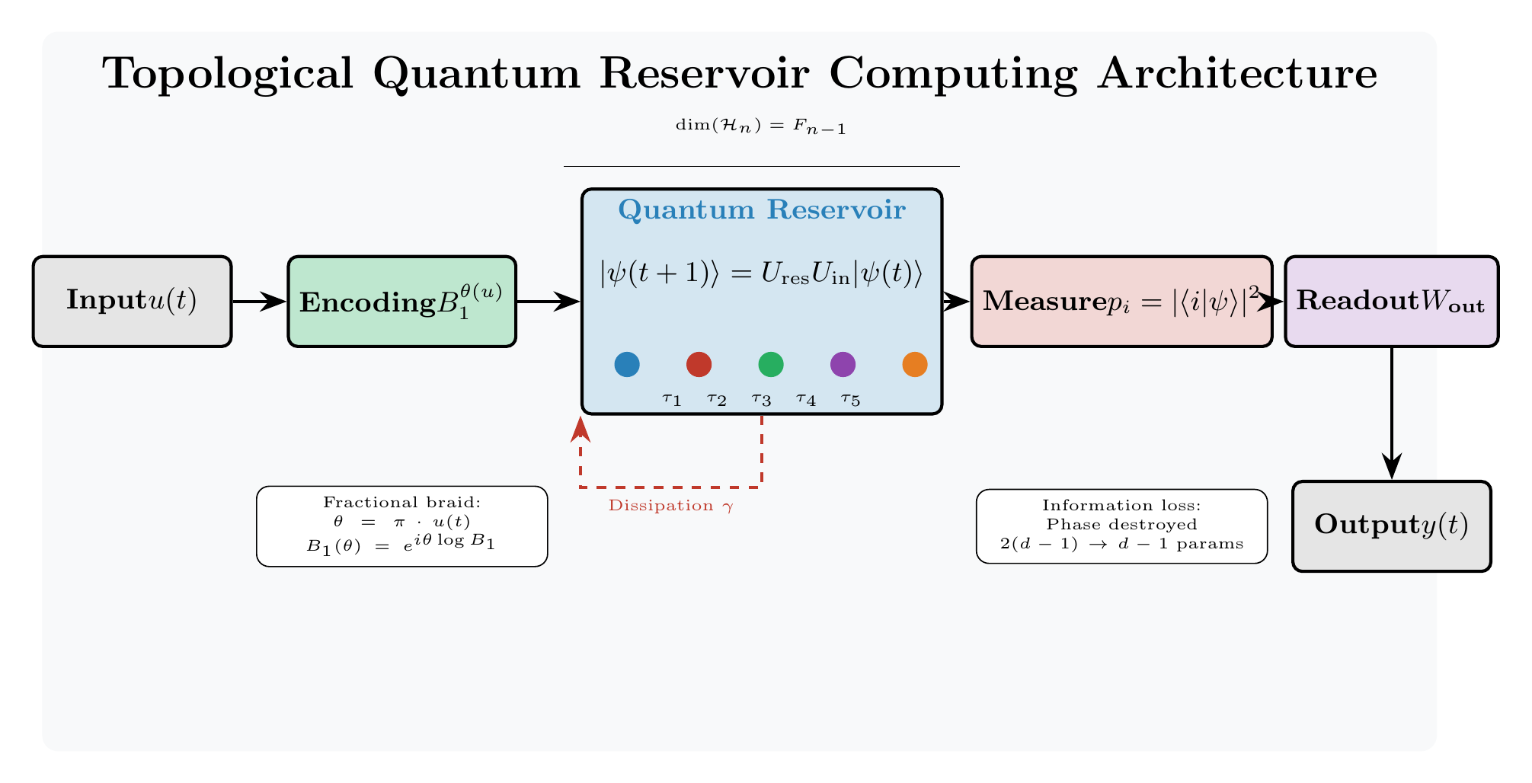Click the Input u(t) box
pyautogui.click(x=132, y=302)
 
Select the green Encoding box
pyautogui.click(x=401, y=302)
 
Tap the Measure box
pyautogui.click(x=1121, y=302)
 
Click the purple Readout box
pyautogui.click(x=1391, y=302)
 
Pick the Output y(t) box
pyautogui.click(x=1391, y=526)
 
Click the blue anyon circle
pyautogui.click(x=626, y=364)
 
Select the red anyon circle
pyautogui.click(x=699, y=364)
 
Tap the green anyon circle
pyautogui.click(x=771, y=364)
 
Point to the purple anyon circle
pyautogui.click(x=843, y=364)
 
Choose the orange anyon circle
pyautogui.click(x=914, y=364)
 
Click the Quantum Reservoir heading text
pyautogui.click(x=762, y=209)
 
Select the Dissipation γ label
pyautogui.click(x=670, y=506)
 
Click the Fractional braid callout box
pyautogui.click(x=401, y=526)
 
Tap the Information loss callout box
pyautogui.click(x=1121, y=526)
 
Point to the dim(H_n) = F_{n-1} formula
pyautogui.click(x=761, y=128)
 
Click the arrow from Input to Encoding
pyautogui.click(x=259, y=302)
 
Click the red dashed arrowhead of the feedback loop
pyautogui.click(x=581, y=429)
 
